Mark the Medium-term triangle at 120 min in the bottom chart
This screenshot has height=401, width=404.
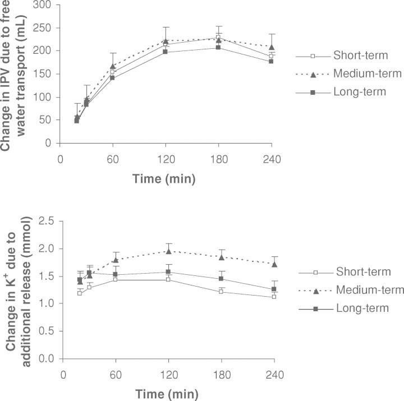click(x=168, y=251)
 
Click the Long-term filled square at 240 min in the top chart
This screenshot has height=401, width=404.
click(x=270, y=61)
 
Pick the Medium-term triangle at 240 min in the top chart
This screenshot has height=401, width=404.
click(x=271, y=47)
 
